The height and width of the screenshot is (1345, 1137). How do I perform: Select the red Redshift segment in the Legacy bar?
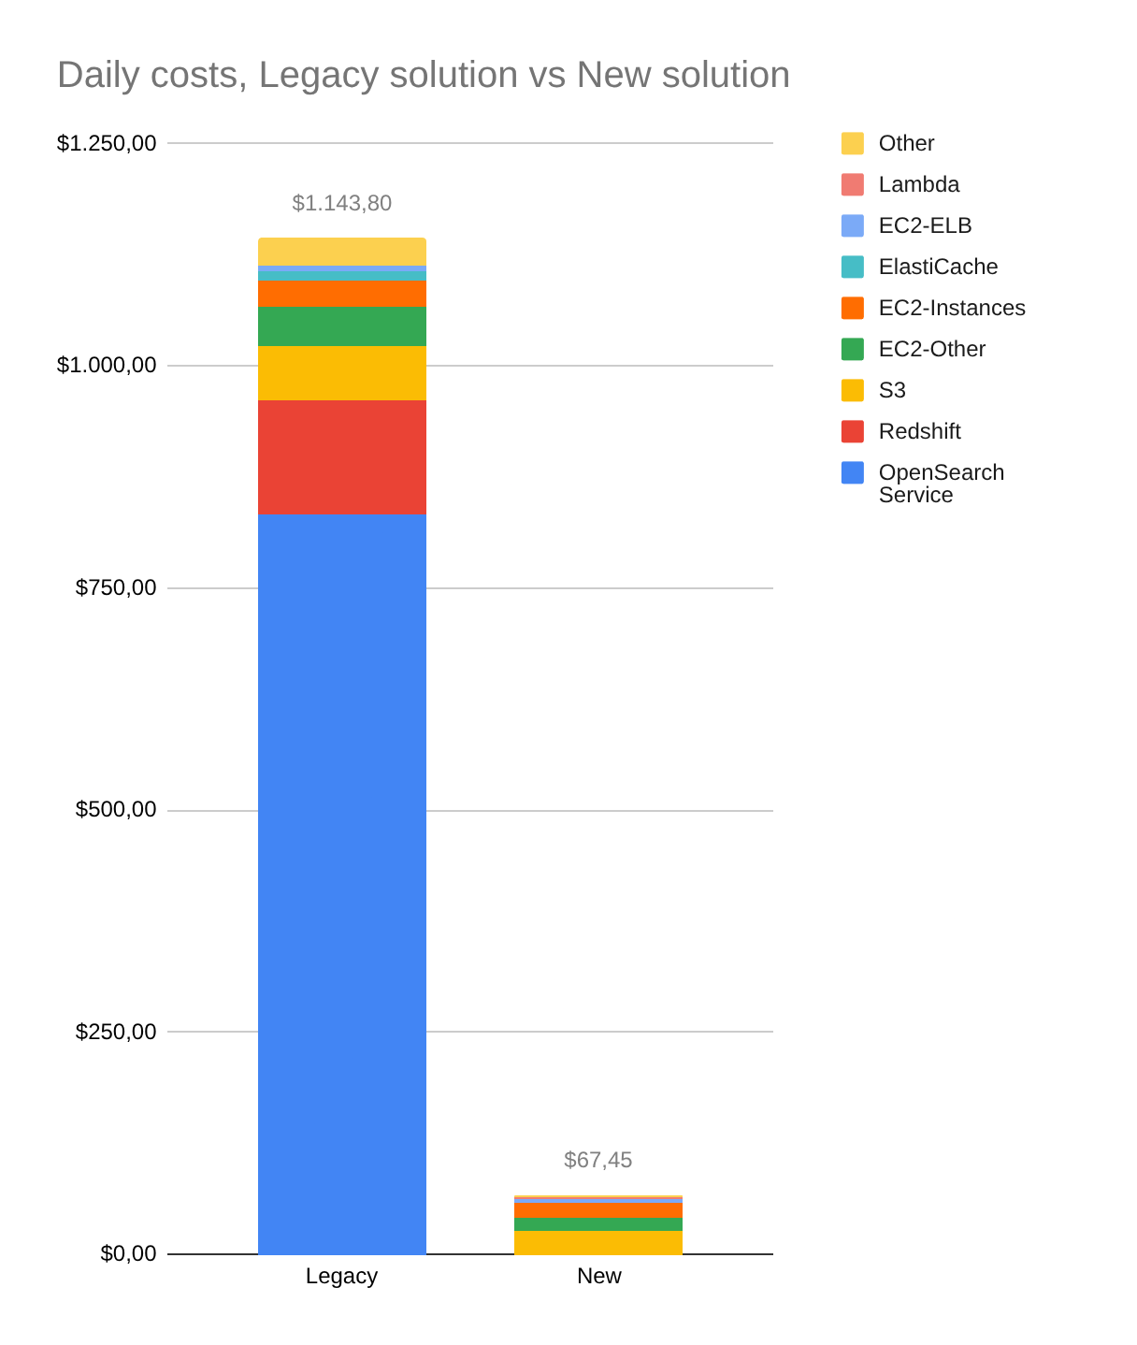(341, 457)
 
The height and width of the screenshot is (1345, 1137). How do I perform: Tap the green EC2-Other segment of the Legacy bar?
(341, 326)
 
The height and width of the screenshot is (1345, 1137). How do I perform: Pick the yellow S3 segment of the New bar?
(597, 1242)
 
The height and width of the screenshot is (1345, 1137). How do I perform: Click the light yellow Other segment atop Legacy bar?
(341, 252)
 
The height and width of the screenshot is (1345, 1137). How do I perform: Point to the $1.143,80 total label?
(341, 203)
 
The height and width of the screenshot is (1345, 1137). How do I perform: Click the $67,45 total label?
(597, 1160)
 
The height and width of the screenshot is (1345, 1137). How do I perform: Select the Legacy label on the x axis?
(341, 1276)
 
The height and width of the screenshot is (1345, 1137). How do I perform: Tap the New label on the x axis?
(598, 1276)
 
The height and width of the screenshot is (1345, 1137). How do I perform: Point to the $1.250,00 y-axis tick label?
(107, 143)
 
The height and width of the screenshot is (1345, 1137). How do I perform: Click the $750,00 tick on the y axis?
(116, 587)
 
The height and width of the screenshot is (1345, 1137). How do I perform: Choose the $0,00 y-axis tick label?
(128, 1253)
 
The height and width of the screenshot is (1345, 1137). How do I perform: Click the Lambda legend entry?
(918, 184)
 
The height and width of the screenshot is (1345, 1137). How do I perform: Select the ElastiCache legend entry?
(938, 267)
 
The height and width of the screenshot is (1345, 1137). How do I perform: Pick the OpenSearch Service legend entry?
(941, 483)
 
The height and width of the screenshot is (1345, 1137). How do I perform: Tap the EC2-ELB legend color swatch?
(852, 225)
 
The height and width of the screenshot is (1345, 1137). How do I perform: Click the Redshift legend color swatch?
(852, 431)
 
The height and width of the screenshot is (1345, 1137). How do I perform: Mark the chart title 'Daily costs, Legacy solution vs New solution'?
(424, 75)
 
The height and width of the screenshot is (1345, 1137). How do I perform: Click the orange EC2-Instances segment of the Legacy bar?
(341, 294)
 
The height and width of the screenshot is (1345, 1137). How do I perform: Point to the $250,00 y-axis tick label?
(116, 1032)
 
